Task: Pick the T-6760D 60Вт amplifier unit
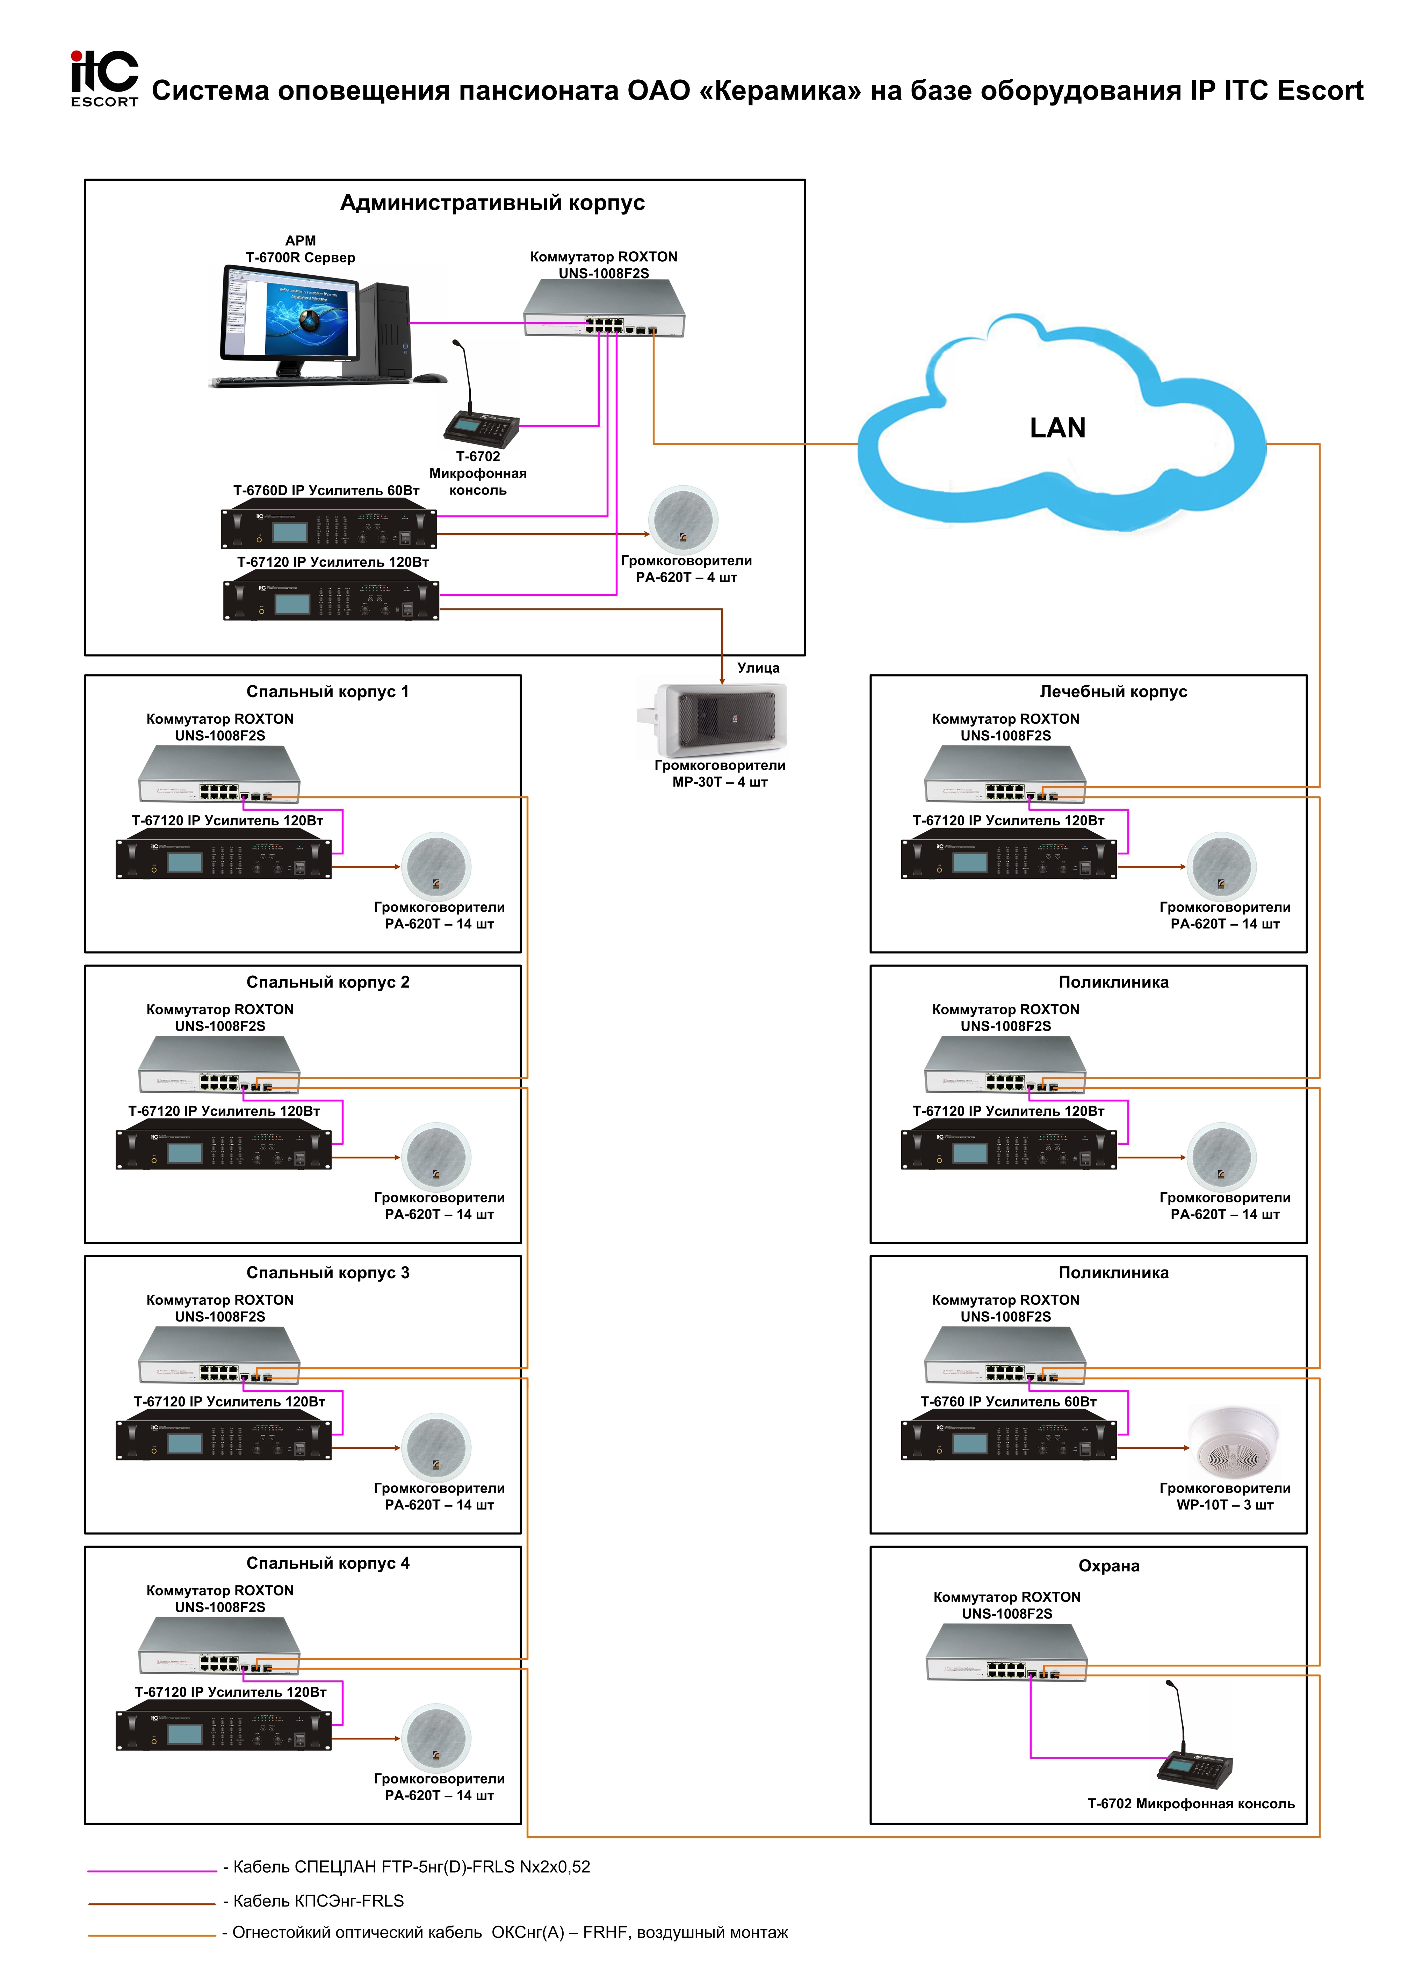pyautogui.click(x=328, y=527)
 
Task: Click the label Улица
pyautogui.click(x=758, y=668)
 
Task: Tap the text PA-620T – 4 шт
pyautogui.click(x=686, y=578)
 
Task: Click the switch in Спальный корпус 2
pyautogui.click(x=219, y=1064)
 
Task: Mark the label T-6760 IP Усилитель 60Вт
pyautogui.click(x=1008, y=1402)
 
